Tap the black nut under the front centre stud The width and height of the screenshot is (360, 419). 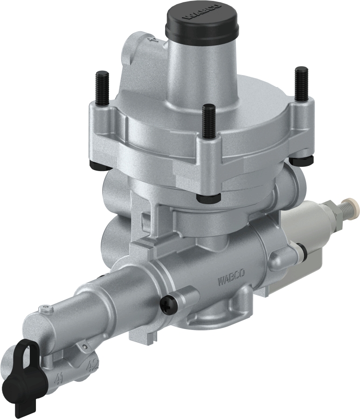click(x=208, y=198)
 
